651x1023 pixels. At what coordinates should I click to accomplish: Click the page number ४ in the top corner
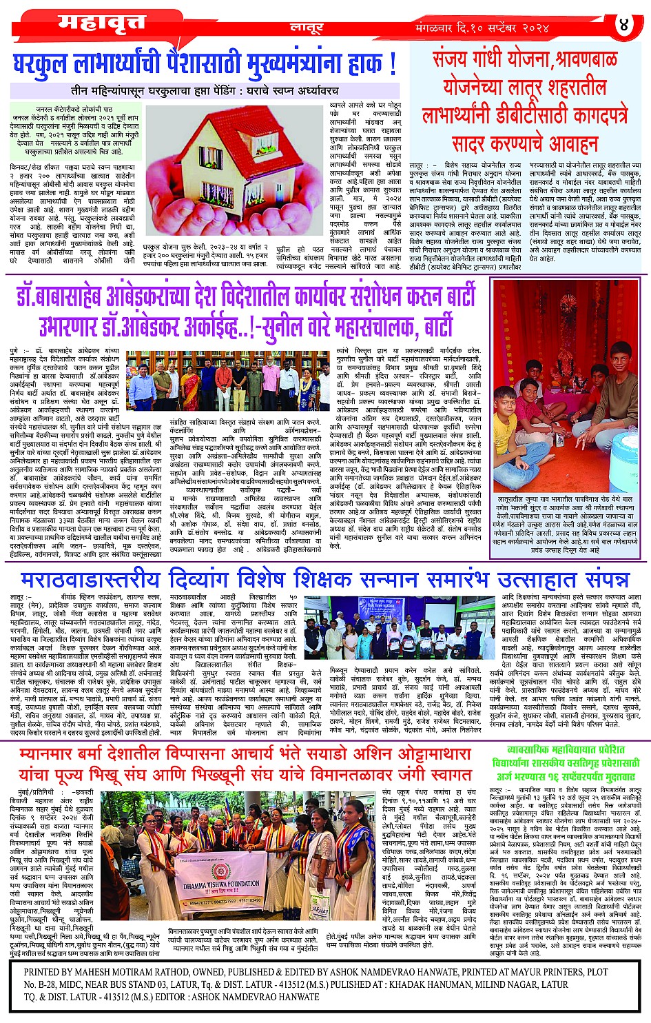pyautogui.click(x=624, y=26)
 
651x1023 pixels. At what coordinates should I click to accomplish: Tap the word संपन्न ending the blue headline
pyautogui.click(x=597, y=578)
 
